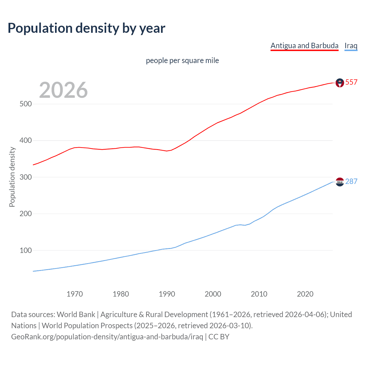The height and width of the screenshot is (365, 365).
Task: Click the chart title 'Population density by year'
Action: tap(86, 28)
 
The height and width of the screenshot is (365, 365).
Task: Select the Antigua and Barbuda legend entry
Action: tap(304, 46)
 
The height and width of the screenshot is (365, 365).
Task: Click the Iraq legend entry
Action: tap(351, 46)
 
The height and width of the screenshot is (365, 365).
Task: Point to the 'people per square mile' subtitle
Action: tap(182, 60)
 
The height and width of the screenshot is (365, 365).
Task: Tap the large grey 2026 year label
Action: tap(63, 90)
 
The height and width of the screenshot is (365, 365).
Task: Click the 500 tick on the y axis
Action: tap(25, 104)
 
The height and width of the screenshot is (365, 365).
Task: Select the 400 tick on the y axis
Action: tap(25, 141)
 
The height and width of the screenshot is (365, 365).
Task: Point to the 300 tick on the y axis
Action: tap(25, 177)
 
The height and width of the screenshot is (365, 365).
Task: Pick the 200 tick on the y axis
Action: tap(25, 214)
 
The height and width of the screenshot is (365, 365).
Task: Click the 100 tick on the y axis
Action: tap(25, 250)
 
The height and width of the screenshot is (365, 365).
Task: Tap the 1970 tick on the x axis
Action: tap(75, 294)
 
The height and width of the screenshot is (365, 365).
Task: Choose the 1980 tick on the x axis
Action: tap(121, 294)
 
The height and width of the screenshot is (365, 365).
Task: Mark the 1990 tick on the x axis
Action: tap(167, 294)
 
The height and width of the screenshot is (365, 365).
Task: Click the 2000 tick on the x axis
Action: tap(213, 294)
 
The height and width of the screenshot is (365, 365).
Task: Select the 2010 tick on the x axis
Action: tap(259, 294)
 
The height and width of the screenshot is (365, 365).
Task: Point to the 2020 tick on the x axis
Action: tap(305, 294)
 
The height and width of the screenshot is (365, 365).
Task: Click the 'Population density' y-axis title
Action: tap(12, 177)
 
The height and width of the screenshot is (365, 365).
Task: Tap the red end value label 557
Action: tap(351, 82)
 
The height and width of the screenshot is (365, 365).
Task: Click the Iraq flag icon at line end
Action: tap(340, 182)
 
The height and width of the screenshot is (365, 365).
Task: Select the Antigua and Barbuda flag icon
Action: tap(340, 83)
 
